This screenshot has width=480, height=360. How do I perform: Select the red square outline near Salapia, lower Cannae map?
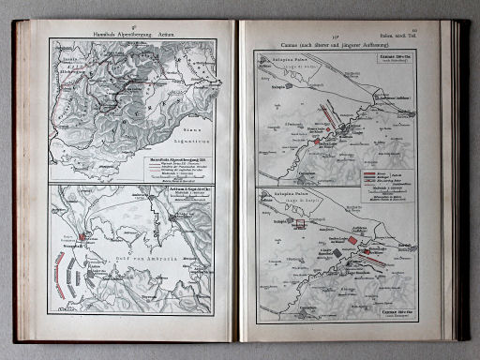coord(290,221)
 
